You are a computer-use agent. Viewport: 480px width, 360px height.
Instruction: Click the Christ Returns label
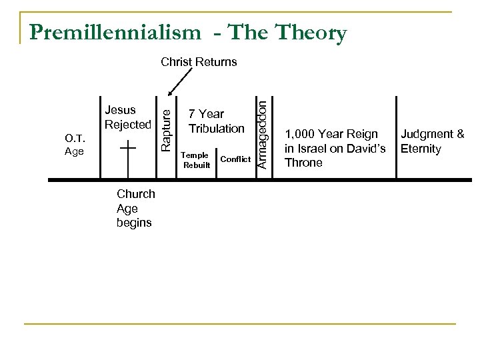[199, 62]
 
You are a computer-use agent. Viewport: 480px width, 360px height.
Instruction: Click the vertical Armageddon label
[263, 133]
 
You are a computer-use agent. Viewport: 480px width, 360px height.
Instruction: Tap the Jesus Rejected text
[128, 117]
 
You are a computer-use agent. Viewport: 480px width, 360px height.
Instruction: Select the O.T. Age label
[74, 144]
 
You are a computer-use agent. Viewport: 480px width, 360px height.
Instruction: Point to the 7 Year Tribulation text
[216, 121]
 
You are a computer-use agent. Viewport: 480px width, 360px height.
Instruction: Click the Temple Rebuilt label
[195, 160]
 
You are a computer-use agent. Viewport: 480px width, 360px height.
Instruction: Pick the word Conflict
[235, 159]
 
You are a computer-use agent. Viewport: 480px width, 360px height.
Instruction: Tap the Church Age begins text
[135, 208]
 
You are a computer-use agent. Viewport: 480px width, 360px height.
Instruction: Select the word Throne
[303, 163]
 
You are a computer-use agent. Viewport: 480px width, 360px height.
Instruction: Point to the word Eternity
[421, 149]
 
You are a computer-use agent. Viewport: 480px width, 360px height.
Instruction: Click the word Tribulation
[216, 127]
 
